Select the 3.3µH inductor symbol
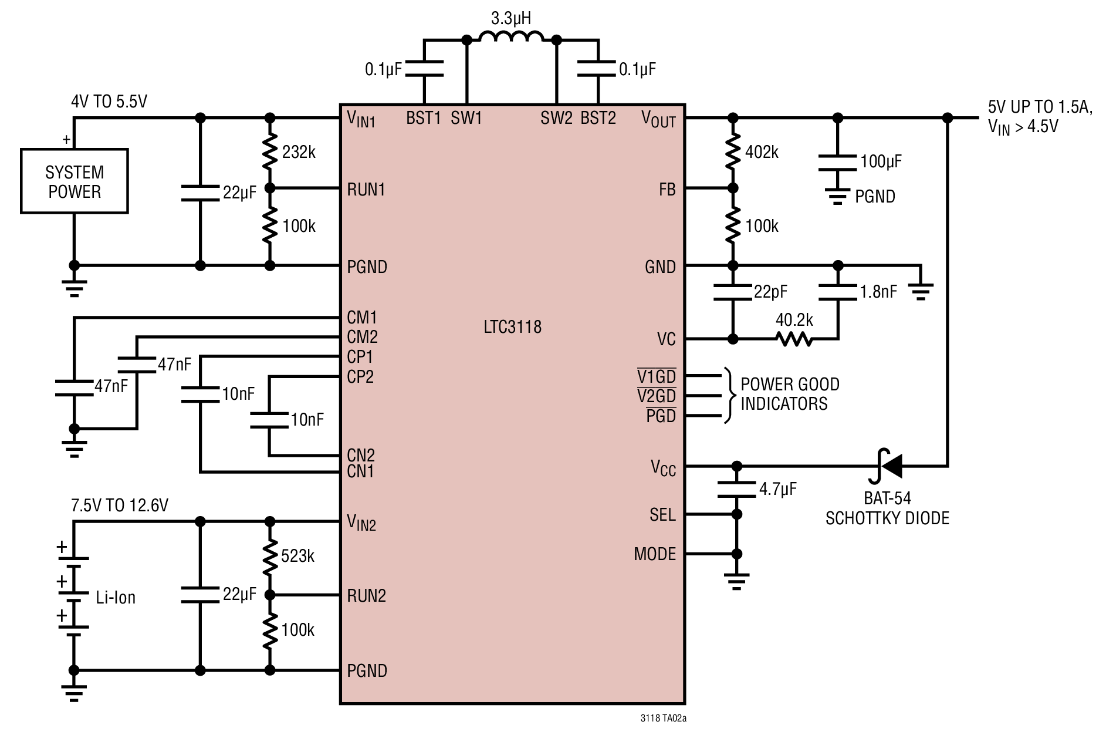pyautogui.click(x=512, y=36)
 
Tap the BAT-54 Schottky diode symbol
pyautogui.click(x=888, y=466)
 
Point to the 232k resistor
pyautogui.click(x=270, y=152)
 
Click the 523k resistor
pyautogui.click(x=270, y=556)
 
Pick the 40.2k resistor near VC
pyautogui.click(x=794, y=339)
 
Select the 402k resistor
pyautogui.click(x=733, y=152)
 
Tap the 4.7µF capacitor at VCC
pyautogui.click(x=737, y=490)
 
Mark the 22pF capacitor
pyautogui.click(x=733, y=292)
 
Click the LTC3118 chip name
pyautogui.click(x=512, y=327)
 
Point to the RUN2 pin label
pyautogui.click(x=366, y=596)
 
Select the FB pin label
pyautogui.click(x=668, y=190)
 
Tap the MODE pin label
pyautogui.click(x=655, y=554)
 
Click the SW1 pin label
pyautogui.click(x=466, y=118)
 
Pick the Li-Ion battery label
pyautogui.click(x=116, y=598)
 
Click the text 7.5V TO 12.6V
pyautogui.click(x=120, y=505)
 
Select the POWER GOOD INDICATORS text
pyautogui.click(x=790, y=394)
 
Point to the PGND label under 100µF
pyautogui.click(x=875, y=197)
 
